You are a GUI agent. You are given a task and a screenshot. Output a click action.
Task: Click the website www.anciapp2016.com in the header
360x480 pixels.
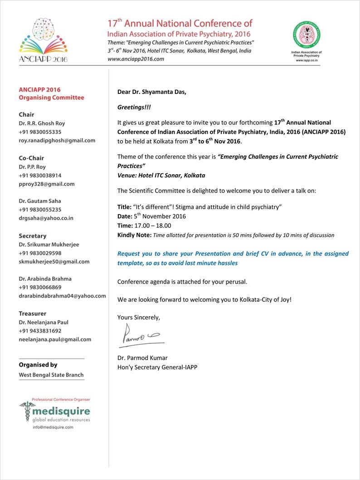[x=136, y=59]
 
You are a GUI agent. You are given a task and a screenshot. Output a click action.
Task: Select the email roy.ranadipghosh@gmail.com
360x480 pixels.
[x=57, y=141]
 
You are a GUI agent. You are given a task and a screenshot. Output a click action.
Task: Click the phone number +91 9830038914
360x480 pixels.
[x=40, y=176]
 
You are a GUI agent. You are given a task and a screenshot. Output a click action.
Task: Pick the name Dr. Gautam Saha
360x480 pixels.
[x=39, y=201]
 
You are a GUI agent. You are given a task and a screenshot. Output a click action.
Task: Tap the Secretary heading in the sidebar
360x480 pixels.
[x=32, y=236]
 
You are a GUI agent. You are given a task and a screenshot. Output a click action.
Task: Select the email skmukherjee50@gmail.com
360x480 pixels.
[x=54, y=262]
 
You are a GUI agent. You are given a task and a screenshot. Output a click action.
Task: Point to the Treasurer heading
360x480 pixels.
[x=33, y=313]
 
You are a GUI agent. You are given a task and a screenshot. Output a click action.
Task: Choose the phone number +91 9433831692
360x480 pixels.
[x=40, y=331]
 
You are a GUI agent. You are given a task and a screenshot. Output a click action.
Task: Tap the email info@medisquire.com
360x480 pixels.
[x=53, y=427]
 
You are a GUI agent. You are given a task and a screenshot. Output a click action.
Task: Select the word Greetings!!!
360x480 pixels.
[x=135, y=107]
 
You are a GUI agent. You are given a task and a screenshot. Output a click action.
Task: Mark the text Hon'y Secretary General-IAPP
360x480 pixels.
[x=157, y=367]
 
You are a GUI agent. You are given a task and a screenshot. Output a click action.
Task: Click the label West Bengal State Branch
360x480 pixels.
[x=51, y=375]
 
